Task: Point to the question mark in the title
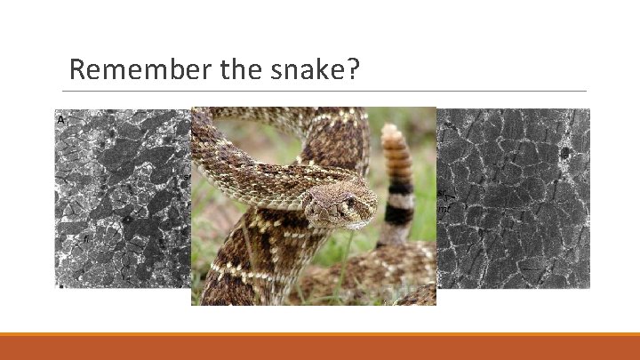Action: [353, 69]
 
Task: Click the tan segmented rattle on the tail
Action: [395, 156]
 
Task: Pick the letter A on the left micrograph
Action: [61, 119]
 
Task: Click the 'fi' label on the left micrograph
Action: [86, 238]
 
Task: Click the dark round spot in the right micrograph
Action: [564, 153]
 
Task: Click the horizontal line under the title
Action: [325, 91]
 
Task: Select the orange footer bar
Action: [320, 347]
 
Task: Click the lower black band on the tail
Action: [399, 214]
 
